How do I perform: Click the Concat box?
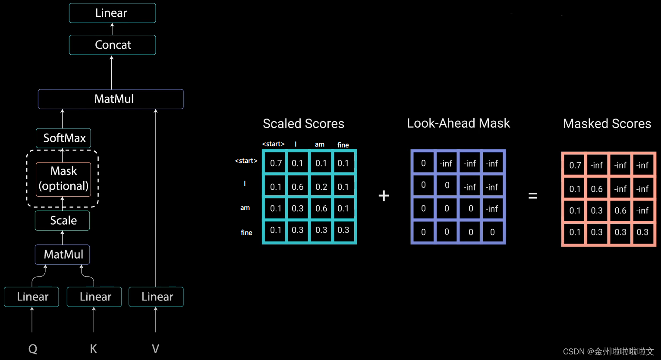112,45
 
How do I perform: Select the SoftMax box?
63,138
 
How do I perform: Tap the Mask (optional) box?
63,178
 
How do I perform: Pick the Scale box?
63,220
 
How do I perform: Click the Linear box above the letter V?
156,297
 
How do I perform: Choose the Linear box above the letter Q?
31,297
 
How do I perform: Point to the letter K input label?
93,349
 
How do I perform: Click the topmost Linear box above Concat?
112,13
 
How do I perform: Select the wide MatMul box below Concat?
111,99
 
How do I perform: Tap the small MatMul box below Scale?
63,254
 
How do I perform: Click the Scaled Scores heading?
303,124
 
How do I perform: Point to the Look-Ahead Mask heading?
458,123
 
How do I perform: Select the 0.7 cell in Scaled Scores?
276,163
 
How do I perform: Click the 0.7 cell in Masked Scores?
575,165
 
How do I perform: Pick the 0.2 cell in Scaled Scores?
321,187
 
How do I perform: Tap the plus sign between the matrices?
384,196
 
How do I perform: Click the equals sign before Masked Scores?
533,196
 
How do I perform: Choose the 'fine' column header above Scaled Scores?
343,145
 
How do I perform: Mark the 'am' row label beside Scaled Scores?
245,208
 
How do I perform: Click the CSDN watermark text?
608,351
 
